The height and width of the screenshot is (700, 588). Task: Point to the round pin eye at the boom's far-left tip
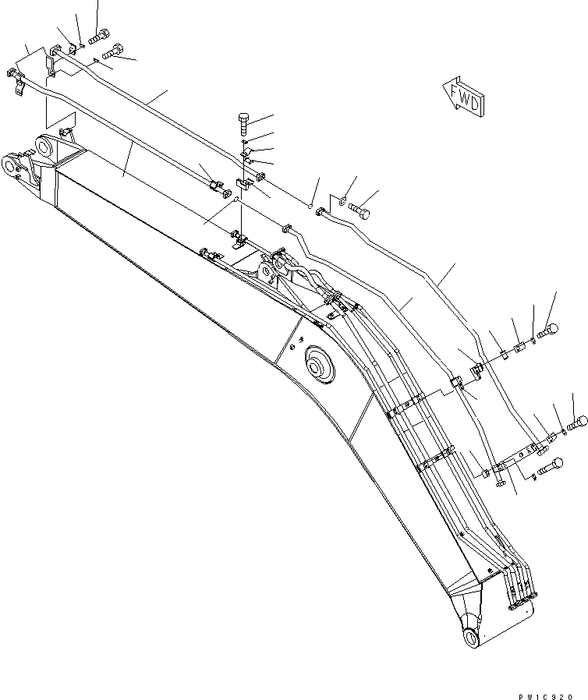point(12,166)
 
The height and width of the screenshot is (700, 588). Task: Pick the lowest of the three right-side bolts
point(551,467)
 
